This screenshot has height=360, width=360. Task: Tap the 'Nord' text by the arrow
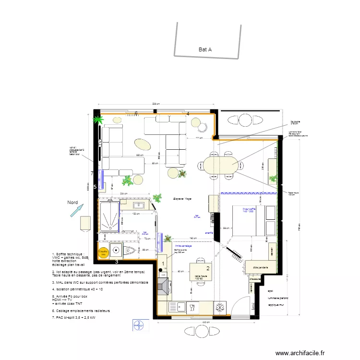coord(72,203)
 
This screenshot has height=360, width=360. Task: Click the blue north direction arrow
coord(76,211)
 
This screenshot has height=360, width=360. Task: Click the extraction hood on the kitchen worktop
coord(164,286)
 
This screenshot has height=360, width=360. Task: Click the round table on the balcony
coord(246,120)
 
